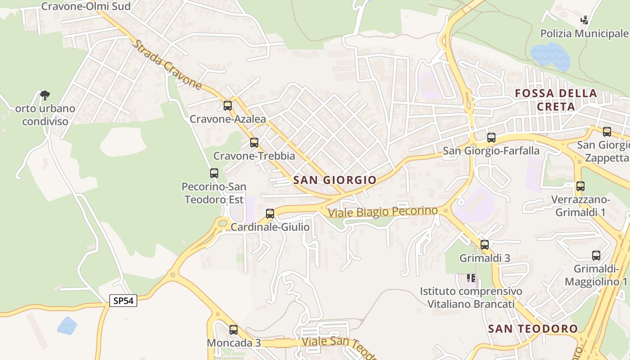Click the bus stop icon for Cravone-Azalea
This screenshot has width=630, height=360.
coord(228,106)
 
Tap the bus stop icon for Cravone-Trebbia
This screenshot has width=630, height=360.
coord(254,143)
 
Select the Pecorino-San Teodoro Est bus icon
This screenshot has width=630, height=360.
coord(214,173)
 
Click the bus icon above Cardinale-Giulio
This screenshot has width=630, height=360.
coord(270,214)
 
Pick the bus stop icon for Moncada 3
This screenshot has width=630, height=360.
coord(233,330)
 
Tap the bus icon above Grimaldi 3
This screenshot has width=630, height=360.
coord(485,245)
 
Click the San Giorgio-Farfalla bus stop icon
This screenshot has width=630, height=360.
coord(491,138)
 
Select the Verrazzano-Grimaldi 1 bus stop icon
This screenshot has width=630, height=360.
coord(580,186)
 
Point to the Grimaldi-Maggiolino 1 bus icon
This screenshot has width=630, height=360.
coord(596,256)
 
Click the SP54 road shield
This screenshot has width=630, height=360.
coord(123,301)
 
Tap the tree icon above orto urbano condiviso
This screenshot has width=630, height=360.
coord(45,95)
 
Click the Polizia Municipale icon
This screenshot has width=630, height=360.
coord(585,20)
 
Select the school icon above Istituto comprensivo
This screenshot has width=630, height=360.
coord(471,278)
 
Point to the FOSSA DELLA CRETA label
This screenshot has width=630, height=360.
coord(556,100)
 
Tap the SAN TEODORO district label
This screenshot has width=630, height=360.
coord(533,329)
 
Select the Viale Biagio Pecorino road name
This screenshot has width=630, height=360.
coord(382,211)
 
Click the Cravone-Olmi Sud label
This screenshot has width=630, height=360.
coord(86,6)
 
